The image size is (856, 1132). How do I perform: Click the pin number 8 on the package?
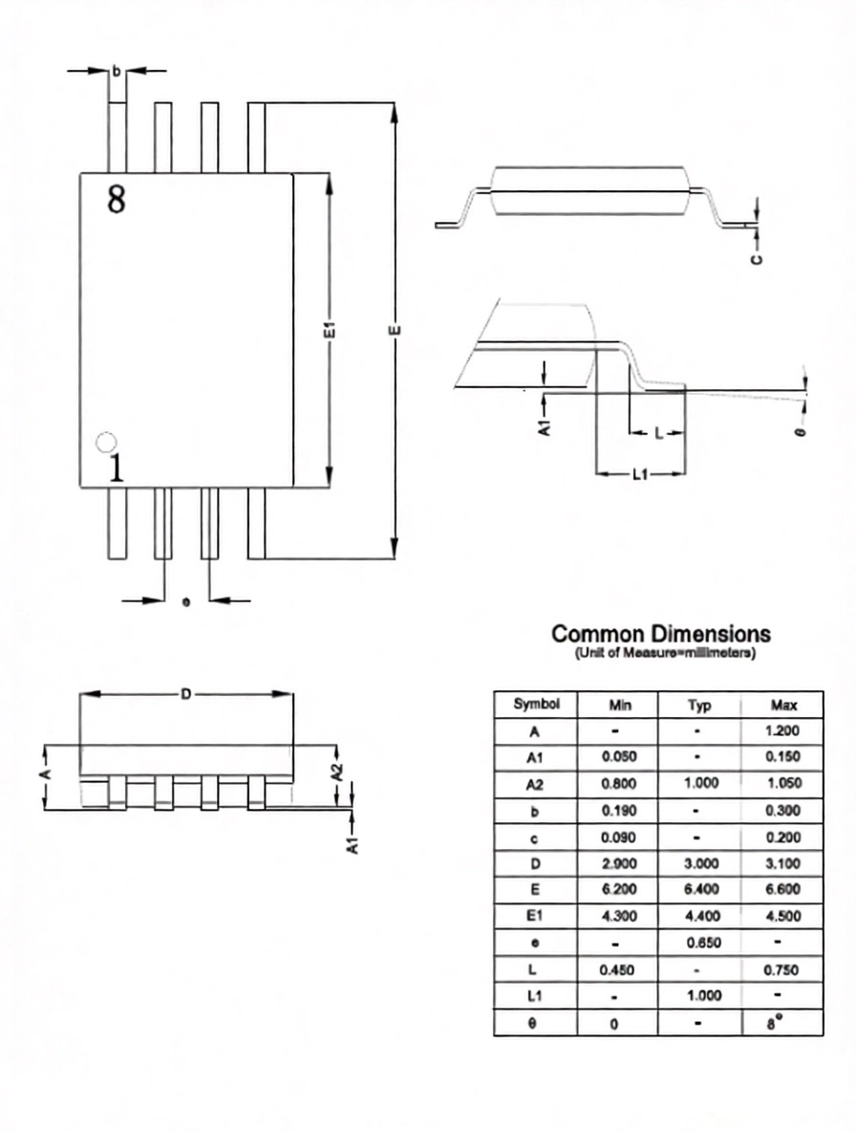coord(117,199)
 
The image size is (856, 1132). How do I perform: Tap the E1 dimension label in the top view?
coord(330,330)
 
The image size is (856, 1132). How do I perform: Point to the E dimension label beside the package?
coord(394,330)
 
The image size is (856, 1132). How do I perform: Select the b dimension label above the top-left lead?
coord(117,71)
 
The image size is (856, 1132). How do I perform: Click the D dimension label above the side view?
coord(186,694)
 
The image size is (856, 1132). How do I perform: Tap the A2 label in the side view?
coord(337,772)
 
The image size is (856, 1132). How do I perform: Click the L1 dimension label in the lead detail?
coord(640,473)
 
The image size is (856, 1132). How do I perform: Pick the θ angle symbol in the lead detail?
coord(801,431)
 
